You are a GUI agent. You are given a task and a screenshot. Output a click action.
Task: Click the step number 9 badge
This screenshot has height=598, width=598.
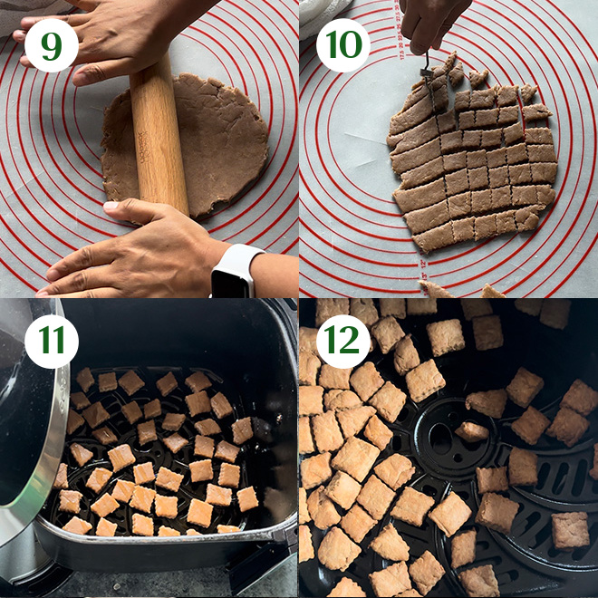pyautogui.click(x=52, y=45)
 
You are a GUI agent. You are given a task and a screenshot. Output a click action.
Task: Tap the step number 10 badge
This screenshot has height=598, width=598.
pyautogui.click(x=343, y=45)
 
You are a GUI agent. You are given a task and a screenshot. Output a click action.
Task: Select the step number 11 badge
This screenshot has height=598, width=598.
pyautogui.click(x=52, y=342)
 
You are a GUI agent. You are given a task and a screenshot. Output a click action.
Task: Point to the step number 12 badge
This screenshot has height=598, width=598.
pyautogui.click(x=343, y=342)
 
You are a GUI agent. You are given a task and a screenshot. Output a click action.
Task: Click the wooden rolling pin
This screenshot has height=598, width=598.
pyautogui.click(x=159, y=133)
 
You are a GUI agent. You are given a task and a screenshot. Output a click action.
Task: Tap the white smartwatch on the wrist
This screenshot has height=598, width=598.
pyautogui.click(x=236, y=272)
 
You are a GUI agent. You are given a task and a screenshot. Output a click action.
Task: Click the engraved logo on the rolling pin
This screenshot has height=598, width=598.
pyautogui.click(x=142, y=148)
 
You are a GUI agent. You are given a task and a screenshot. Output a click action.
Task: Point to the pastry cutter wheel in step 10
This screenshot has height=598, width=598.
pyautogui.click(x=426, y=72)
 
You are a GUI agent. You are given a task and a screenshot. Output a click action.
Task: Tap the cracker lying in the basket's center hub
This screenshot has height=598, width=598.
pyautogui.click(x=472, y=431)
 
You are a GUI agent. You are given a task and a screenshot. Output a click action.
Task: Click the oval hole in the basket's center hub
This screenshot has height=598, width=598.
pyautogui.click(x=439, y=439)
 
